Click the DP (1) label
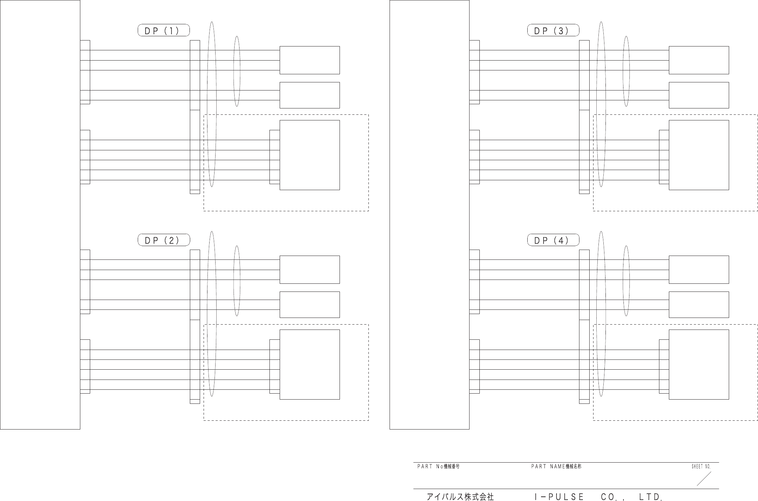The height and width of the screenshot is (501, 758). (x=163, y=31)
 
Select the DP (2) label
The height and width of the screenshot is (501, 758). (x=163, y=240)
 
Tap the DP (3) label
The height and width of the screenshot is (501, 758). (x=553, y=31)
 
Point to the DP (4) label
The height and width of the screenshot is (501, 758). (x=553, y=240)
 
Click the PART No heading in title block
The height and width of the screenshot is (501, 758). (x=438, y=466)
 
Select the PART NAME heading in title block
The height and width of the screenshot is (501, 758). (x=556, y=466)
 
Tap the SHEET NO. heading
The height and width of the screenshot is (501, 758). (x=701, y=466)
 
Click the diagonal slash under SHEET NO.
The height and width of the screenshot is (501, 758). (x=704, y=479)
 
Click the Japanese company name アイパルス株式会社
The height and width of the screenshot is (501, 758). (x=460, y=497)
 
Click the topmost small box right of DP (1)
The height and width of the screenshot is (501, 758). (x=310, y=60)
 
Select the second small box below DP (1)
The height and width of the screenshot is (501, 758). (x=310, y=95)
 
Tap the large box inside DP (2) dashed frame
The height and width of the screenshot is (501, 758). (x=310, y=364)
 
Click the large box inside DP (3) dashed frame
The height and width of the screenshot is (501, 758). (x=699, y=155)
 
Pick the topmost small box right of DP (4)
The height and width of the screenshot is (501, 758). (x=699, y=270)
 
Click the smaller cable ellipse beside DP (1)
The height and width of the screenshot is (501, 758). (x=237, y=71)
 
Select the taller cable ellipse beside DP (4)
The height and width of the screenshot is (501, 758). (x=601, y=314)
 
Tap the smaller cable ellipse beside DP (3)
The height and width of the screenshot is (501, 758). (x=626, y=71)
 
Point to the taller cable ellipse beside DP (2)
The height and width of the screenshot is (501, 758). (x=212, y=314)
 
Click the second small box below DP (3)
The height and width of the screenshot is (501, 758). (x=699, y=95)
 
